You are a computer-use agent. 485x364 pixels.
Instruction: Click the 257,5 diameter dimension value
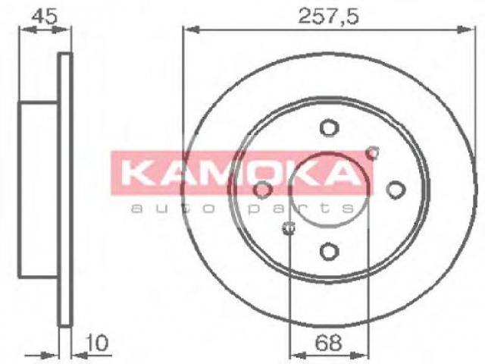pyautogui.click(x=328, y=17)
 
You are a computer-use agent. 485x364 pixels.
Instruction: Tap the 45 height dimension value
pyautogui.click(x=45, y=16)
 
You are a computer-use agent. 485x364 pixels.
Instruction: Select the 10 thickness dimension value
pyautogui.click(x=98, y=343)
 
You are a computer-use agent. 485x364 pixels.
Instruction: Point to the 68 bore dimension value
pyautogui.click(x=328, y=343)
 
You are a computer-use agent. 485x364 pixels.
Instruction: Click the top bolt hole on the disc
pyautogui.click(x=329, y=128)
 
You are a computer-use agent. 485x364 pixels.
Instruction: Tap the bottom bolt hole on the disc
pyautogui.click(x=329, y=251)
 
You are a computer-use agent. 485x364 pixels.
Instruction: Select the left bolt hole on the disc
pyautogui.click(x=263, y=190)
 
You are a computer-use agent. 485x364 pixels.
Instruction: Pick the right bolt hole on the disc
pyautogui.click(x=396, y=190)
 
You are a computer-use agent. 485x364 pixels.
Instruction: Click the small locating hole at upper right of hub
pyautogui.click(x=372, y=153)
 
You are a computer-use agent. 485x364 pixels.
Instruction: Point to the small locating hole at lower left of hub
pyautogui.click(x=288, y=228)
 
